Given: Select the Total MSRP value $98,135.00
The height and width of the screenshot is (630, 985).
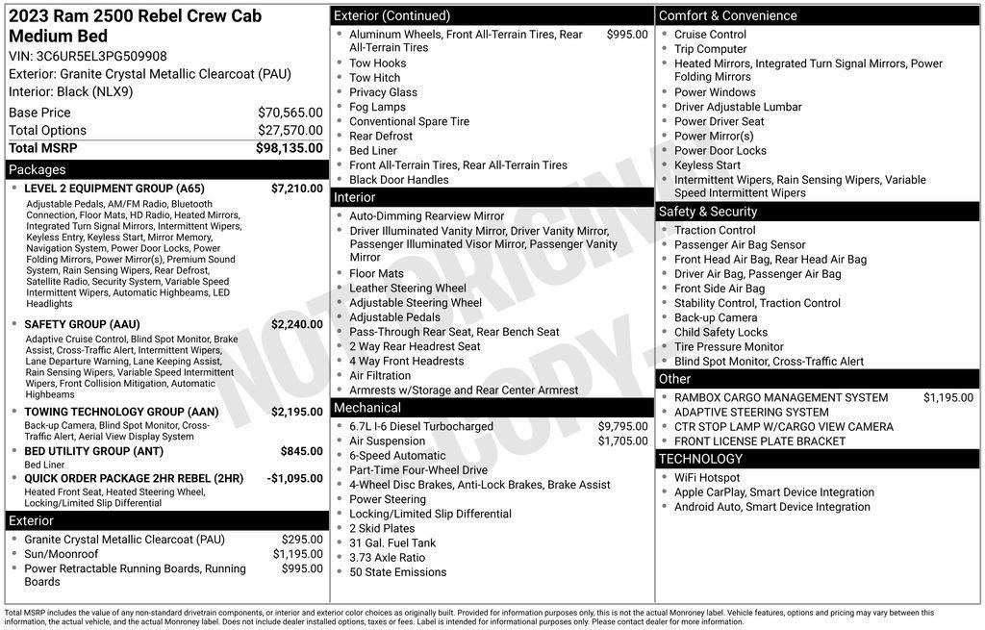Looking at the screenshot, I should point(290,148).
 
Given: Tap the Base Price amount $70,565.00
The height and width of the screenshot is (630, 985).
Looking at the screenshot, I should point(290,113).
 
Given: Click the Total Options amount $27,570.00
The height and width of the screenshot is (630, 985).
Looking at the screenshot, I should point(290,131).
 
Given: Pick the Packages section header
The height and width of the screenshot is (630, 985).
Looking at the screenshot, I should point(38,169).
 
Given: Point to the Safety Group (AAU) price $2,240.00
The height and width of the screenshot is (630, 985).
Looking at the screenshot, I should point(297,324).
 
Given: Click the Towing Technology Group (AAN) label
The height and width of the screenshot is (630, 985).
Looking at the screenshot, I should point(121,412).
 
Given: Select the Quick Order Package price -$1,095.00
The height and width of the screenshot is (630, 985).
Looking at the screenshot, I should point(294,478).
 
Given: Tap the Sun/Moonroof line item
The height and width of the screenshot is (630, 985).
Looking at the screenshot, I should point(62,554).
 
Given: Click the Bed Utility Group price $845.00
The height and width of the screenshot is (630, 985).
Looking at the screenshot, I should point(302,451).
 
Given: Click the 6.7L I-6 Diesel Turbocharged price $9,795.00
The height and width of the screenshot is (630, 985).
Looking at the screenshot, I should point(623,426).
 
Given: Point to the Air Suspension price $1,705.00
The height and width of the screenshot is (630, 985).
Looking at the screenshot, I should point(623,441).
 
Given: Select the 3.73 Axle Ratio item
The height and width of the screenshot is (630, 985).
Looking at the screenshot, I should point(387,558).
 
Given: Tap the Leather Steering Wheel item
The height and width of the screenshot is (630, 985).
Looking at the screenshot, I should point(408,289).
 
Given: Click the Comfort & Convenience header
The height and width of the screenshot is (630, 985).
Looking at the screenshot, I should point(727,15).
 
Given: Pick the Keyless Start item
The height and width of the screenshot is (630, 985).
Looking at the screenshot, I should point(707,165).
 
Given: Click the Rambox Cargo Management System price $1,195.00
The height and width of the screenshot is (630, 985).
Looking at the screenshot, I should point(948,397).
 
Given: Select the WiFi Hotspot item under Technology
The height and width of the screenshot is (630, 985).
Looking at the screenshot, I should point(707,478).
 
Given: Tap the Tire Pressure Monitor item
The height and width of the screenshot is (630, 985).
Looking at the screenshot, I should point(729,347).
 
